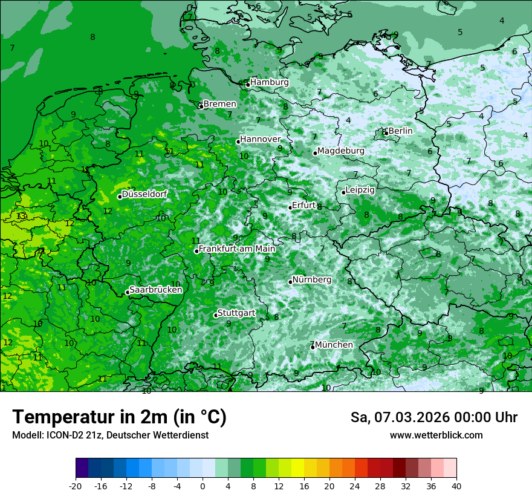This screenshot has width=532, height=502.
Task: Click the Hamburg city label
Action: [269, 82]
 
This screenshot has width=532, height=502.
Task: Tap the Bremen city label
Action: [219, 104]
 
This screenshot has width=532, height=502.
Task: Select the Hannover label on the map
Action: [260, 140]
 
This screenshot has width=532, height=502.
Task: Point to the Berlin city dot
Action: [386, 133]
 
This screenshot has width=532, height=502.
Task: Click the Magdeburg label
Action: [340, 151]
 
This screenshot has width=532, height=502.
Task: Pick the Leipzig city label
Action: [360, 190]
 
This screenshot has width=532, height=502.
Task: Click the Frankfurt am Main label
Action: [237, 249]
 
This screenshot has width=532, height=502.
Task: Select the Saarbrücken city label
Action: [155, 290]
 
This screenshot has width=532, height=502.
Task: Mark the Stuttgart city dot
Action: [216, 315]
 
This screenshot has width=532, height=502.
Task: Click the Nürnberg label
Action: [311, 280]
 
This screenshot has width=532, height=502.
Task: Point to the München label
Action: [334, 345]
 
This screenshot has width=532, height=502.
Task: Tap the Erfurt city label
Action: [303, 206]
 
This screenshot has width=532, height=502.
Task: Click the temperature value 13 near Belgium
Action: [21, 216]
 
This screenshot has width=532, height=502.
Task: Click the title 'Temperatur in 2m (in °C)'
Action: [119, 417]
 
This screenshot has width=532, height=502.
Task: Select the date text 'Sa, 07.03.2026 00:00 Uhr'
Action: [433, 417]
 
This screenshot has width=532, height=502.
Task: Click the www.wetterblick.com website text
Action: [436, 435]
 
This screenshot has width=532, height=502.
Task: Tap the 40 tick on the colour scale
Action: [456, 486]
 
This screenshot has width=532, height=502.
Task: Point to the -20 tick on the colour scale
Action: [76, 486]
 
